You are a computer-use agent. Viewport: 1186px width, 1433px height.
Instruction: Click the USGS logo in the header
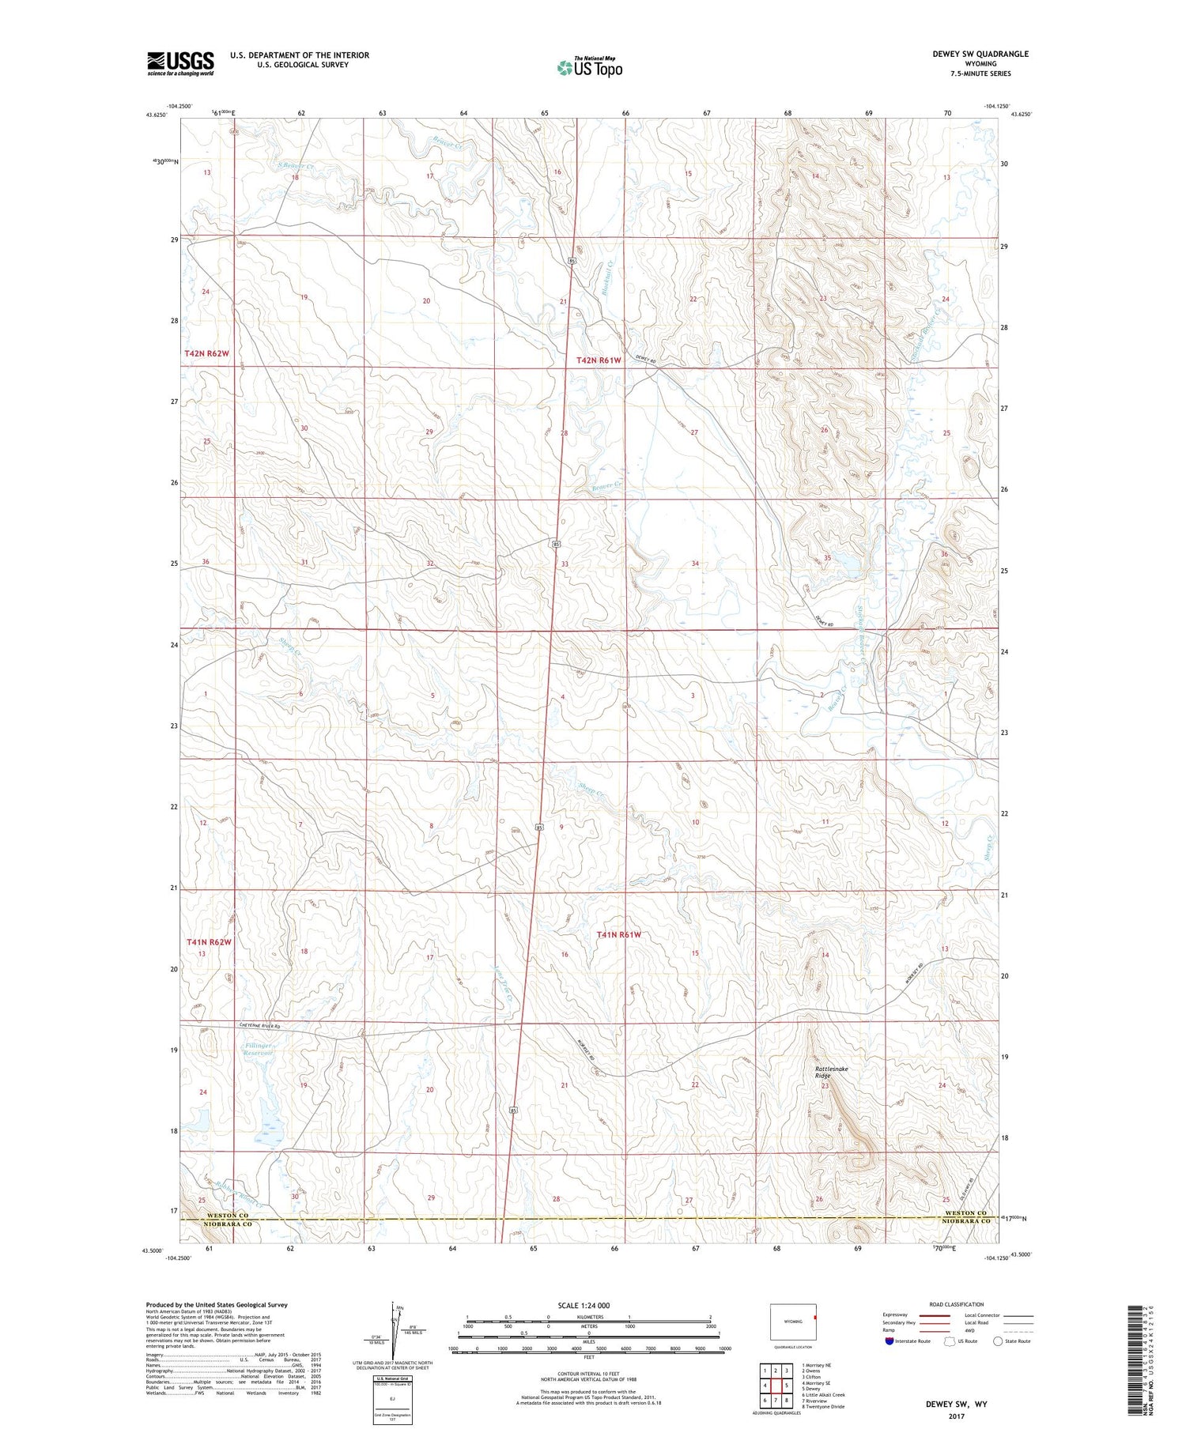coord(180,63)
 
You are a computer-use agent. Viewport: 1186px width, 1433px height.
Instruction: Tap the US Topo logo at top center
coord(589,67)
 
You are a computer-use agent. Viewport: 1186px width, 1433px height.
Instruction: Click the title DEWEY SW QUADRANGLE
coord(980,54)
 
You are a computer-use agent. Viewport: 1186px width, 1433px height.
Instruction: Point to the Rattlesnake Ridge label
coord(831,1072)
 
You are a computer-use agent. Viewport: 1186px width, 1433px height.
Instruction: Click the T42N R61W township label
coord(599,360)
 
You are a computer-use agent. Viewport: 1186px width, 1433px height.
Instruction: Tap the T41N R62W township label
coord(210,942)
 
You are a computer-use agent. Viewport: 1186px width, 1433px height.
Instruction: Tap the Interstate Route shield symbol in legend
coord(889,1341)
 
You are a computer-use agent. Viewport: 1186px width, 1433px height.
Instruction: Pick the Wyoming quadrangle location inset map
coord(793,1321)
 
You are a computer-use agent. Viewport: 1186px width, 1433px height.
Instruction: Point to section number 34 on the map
coord(695,564)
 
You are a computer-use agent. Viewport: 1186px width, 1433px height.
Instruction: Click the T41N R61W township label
coord(618,935)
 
